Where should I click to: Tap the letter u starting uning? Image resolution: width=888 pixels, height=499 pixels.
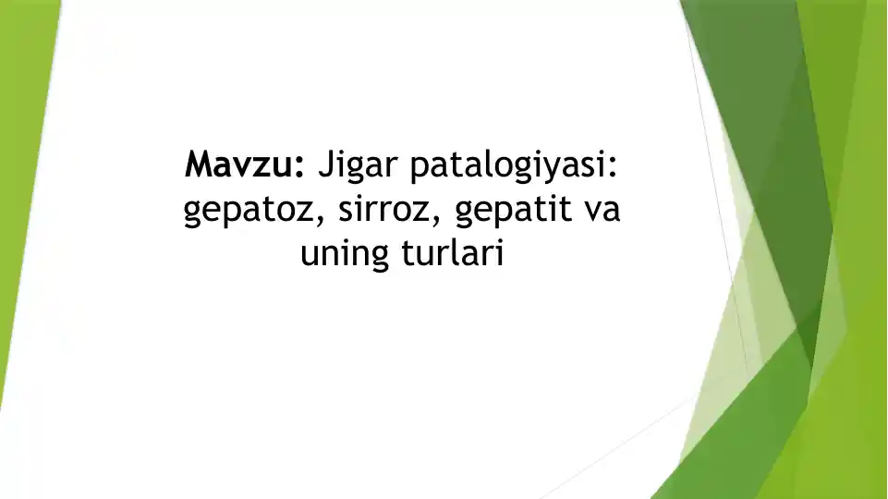310,255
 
